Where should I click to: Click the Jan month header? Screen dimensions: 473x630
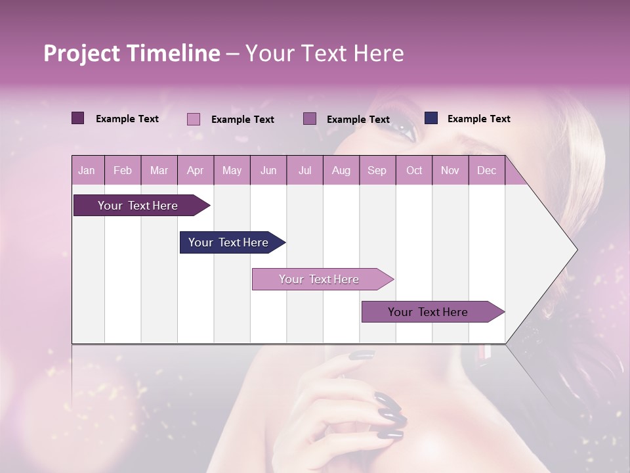tap(87, 170)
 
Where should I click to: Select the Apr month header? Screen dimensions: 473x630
tap(195, 170)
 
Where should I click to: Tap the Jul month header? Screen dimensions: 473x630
tap(304, 170)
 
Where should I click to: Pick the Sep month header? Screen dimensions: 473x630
tap(377, 170)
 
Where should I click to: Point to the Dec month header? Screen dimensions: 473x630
tap(486, 170)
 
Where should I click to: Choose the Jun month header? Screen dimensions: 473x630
tap(268, 170)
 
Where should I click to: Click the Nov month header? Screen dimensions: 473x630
tap(450, 170)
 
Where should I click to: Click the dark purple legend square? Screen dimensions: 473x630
tap(77, 118)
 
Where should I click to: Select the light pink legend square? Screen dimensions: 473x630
tap(193, 119)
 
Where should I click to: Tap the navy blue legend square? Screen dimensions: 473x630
tap(431, 118)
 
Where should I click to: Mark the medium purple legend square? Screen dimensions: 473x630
tap(310, 119)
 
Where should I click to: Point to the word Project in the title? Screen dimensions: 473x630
tap(81, 53)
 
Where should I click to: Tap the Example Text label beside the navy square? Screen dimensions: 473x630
tap(478, 119)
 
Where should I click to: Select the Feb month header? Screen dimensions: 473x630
tap(122, 170)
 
